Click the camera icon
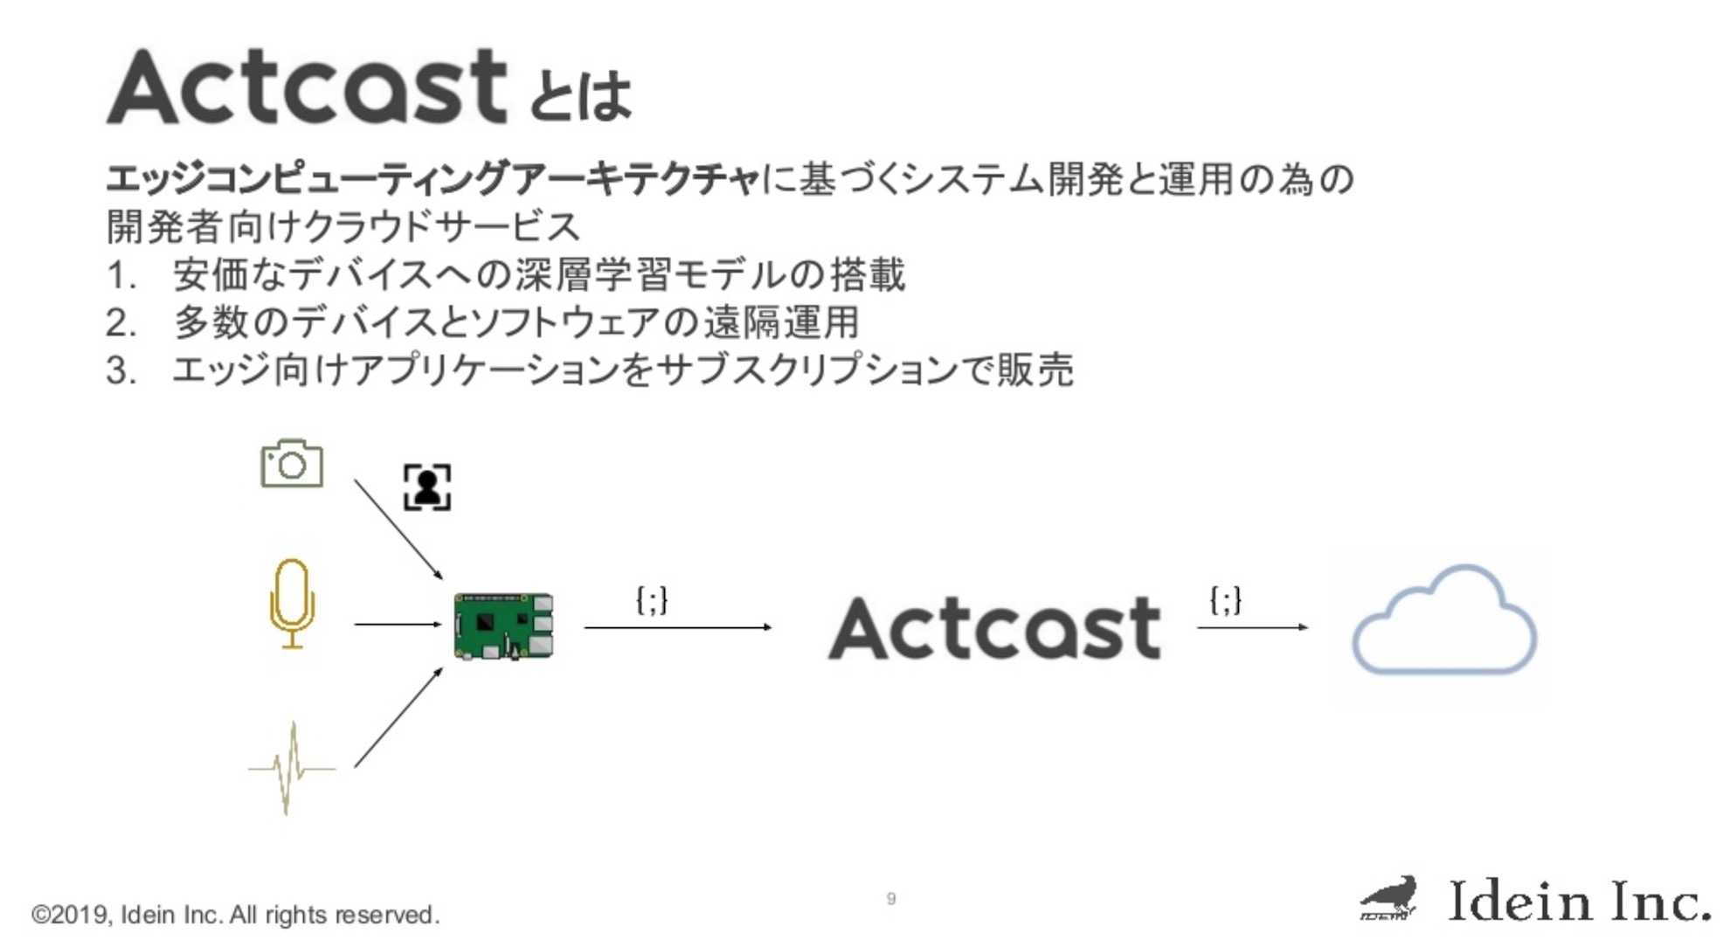(292, 464)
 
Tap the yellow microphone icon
(292, 604)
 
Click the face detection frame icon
(427, 487)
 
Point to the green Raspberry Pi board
(503, 626)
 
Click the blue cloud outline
(1443, 622)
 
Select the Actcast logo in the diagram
(994, 628)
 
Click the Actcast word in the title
(307, 87)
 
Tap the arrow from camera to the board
(398, 529)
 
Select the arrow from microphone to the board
(398, 624)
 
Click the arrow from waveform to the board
(398, 717)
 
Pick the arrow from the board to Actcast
(677, 626)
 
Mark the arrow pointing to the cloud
(1252, 626)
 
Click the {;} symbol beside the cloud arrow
(1225, 600)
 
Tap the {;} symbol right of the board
(652, 600)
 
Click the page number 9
(890, 898)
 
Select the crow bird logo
(1389, 898)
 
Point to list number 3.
(121, 370)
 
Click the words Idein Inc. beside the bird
(1578, 901)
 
